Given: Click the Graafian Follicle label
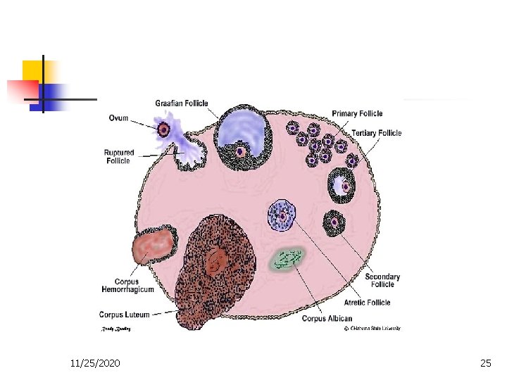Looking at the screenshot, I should [x=181, y=103].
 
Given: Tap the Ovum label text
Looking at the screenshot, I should [x=118, y=118].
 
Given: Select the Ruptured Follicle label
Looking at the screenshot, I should [x=119, y=156].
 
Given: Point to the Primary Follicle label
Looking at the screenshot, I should [x=357, y=113].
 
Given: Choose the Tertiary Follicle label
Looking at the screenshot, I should [x=377, y=133].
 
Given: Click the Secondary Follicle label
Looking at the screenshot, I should [x=382, y=280].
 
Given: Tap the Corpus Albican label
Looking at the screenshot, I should [x=326, y=319].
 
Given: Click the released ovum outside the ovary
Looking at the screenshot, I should [x=164, y=129].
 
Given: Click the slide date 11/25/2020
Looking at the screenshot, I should [x=95, y=363].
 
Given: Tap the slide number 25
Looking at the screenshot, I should [x=485, y=363].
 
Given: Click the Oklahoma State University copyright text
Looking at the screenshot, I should [x=372, y=329].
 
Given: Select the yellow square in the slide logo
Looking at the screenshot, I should [x=32, y=70].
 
